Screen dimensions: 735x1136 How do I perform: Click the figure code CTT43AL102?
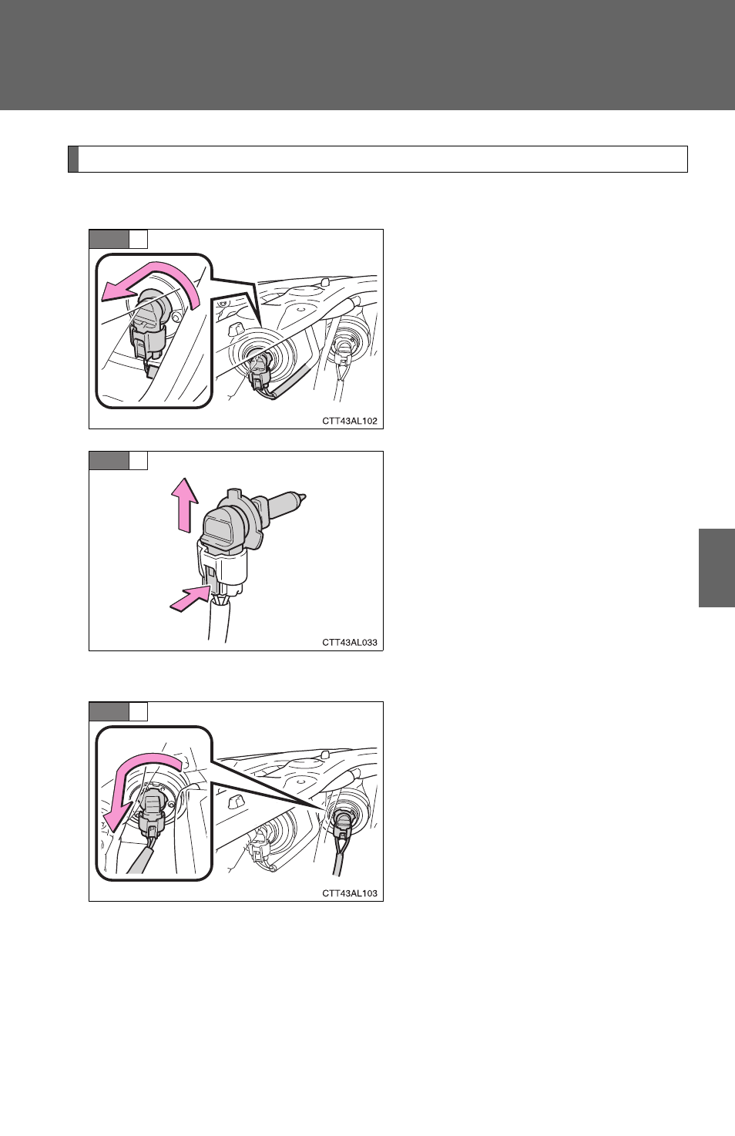(350, 421)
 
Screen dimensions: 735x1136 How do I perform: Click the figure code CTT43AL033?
(350, 643)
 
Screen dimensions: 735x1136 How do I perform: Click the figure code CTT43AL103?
(350, 893)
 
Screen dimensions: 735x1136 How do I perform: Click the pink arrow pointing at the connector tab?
(190, 598)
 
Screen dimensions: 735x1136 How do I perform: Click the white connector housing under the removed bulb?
(223, 568)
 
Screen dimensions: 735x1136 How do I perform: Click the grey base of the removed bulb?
(228, 523)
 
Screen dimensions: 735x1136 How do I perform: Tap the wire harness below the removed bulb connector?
(219, 621)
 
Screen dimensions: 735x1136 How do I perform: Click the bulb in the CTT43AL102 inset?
(149, 309)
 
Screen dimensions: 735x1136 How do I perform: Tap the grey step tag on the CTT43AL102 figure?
(109, 239)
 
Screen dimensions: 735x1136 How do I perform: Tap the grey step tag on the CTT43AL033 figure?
(109, 460)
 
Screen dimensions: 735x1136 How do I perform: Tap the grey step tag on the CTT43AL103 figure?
(109, 711)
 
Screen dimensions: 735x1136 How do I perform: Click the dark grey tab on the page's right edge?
(717, 568)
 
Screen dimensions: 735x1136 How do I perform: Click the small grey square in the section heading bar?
(73, 160)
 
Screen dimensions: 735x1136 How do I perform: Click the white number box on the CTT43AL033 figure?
(138, 460)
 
